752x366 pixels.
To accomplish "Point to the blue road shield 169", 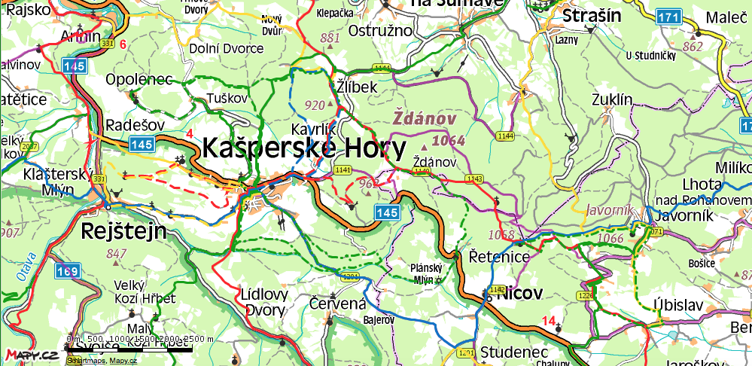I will point(67,270).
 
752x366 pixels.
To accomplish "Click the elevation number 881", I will point(330,38).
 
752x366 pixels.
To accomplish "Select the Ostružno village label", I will point(381,31).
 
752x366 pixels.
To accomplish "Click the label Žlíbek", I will point(356,87).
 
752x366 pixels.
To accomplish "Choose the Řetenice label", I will point(499,256).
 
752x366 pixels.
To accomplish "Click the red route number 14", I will point(549,322).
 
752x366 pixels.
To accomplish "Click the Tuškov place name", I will point(227,99).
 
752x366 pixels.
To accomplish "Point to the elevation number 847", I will point(117,254).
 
